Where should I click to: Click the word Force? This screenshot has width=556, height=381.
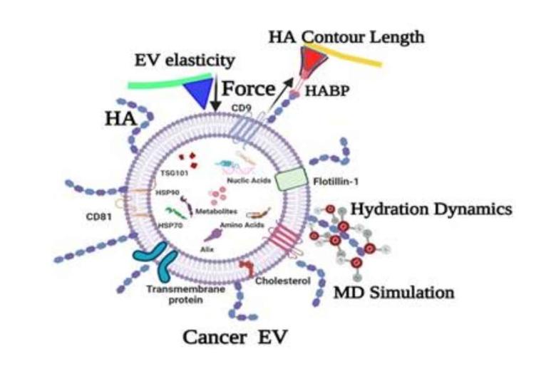tap(247, 89)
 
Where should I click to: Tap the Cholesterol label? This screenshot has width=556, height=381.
tap(283, 281)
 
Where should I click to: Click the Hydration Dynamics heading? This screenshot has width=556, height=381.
tap(432, 209)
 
